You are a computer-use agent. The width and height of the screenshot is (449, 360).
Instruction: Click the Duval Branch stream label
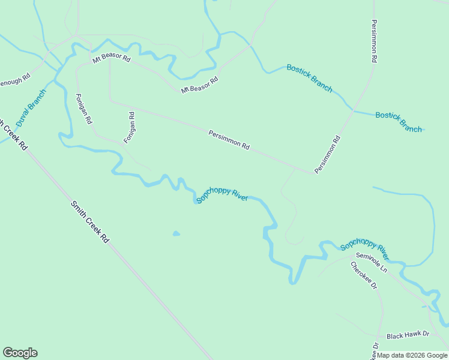(x=31, y=107)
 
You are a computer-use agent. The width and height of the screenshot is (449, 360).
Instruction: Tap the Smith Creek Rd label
(x=89, y=221)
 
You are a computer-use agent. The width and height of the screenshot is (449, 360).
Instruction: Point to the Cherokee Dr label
(x=364, y=276)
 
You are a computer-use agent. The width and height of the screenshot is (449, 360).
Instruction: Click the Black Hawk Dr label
(x=408, y=334)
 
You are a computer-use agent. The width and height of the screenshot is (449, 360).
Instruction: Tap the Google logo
(x=20, y=353)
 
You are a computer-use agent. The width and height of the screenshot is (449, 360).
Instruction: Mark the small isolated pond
(x=175, y=233)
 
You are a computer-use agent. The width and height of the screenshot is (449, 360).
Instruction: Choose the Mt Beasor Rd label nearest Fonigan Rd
(x=111, y=59)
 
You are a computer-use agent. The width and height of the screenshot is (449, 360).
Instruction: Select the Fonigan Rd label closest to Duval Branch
(x=83, y=109)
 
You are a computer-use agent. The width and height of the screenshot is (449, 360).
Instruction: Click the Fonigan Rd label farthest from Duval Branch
(x=129, y=127)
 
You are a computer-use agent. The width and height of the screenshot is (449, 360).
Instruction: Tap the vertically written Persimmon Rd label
(x=374, y=41)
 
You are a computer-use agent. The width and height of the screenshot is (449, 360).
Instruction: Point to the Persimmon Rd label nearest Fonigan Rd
(x=229, y=140)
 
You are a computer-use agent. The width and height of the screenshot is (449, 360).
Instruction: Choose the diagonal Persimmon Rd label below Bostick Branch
(x=328, y=155)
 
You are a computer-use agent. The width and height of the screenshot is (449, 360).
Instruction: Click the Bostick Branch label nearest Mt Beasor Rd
(x=309, y=77)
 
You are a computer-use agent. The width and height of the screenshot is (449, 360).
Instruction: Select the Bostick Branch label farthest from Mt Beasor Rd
(x=399, y=122)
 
